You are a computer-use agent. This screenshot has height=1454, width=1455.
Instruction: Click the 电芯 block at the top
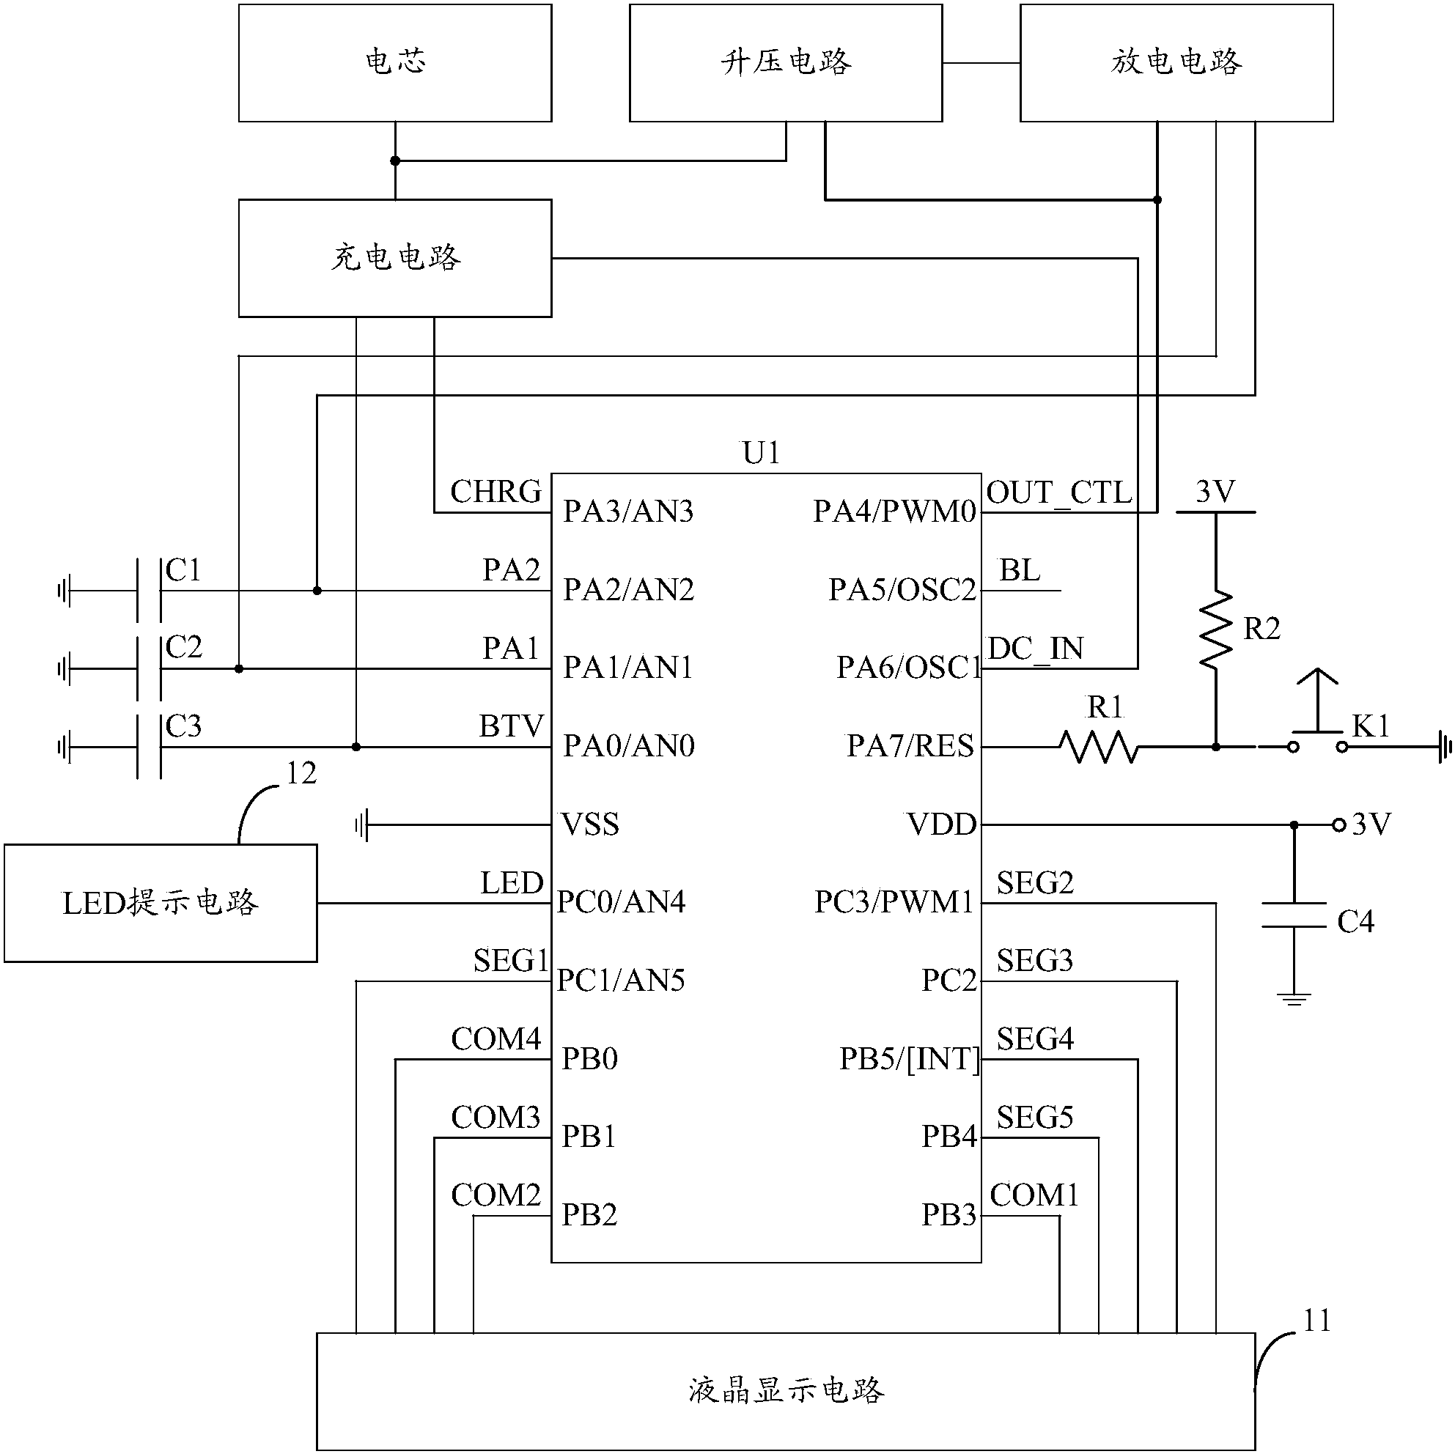tap(394, 63)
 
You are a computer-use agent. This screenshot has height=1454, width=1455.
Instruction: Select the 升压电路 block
tap(786, 63)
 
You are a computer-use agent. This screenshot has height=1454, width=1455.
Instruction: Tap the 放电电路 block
tap(1176, 63)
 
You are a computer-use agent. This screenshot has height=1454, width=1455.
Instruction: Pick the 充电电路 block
tap(394, 258)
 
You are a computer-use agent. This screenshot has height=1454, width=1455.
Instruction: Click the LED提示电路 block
tap(161, 903)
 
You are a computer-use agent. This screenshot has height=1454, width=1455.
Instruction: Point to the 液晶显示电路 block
tap(786, 1391)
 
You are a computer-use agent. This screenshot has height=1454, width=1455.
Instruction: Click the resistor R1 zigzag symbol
tap(1099, 747)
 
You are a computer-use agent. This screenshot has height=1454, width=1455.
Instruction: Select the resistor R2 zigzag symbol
tap(1215, 630)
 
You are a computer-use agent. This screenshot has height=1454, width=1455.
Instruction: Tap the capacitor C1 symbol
tap(149, 591)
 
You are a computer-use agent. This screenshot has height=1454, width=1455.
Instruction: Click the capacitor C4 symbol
tap(1294, 915)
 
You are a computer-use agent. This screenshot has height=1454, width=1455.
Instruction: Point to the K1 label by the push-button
tap(1370, 726)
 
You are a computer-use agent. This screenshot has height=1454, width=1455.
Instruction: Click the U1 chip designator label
tap(761, 454)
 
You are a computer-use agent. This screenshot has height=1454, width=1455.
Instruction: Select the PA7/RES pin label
tap(910, 746)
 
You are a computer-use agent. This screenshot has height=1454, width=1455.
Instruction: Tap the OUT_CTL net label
tap(1059, 493)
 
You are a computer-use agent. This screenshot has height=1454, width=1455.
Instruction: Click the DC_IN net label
tap(1036, 649)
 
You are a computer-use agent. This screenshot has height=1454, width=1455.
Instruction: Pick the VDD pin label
tap(941, 824)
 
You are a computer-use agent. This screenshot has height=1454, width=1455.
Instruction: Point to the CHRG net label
tap(496, 492)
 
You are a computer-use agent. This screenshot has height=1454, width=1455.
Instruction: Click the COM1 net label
tap(1034, 1195)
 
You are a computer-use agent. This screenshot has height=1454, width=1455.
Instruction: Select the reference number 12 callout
tap(301, 773)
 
